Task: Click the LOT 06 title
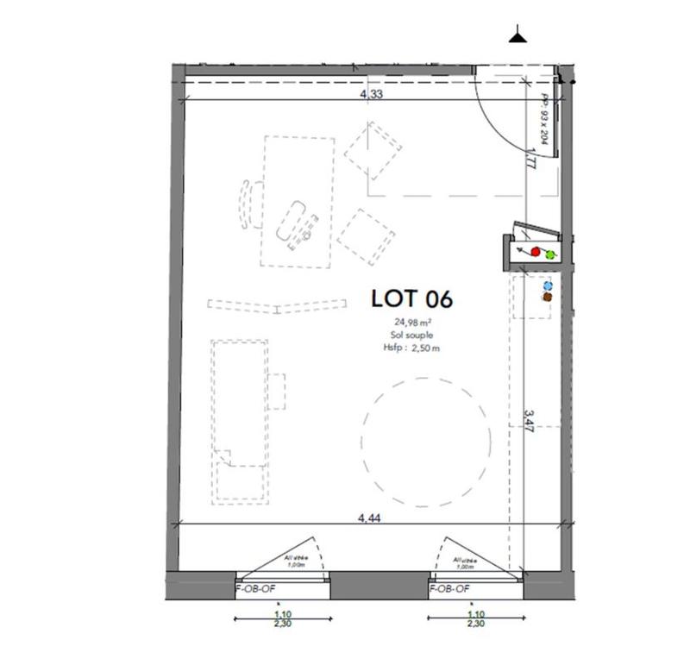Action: coord(411,298)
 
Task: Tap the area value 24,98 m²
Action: coord(411,323)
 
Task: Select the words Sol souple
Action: coord(411,336)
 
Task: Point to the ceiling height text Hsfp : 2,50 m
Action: coord(411,348)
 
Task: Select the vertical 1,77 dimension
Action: coord(532,160)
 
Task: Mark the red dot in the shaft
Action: coord(535,252)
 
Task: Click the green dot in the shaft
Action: coord(549,254)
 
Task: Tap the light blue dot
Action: coord(547,285)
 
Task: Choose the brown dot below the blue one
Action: coord(547,297)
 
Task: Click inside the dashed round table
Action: coord(426,442)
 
